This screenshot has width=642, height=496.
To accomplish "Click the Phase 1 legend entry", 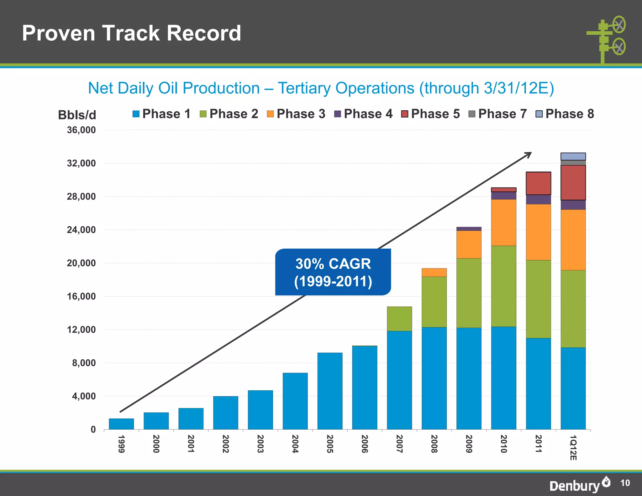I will click(161, 114).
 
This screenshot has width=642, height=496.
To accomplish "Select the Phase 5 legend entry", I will click(430, 114).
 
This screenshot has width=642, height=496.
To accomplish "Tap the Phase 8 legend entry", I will click(565, 114).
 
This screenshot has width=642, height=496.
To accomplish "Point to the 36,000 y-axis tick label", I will click(81, 130).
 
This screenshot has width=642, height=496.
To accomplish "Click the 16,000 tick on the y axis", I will click(81, 296).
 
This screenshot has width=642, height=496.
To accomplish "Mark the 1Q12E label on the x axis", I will click(573, 447).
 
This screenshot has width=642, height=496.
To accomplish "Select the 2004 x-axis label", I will click(295, 444).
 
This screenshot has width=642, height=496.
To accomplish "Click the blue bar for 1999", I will click(121, 424).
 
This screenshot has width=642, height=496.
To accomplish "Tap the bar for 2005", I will click(330, 391).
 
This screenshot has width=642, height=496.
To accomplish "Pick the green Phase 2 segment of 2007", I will click(399, 319).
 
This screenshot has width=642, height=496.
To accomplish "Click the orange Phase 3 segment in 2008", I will click(434, 272).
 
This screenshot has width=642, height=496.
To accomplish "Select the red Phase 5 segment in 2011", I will click(538, 183).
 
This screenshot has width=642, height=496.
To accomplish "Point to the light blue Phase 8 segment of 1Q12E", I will click(573, 156).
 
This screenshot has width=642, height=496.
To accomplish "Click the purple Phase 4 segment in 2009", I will click(469, 229).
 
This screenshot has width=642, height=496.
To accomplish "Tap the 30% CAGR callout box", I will click(333, 272).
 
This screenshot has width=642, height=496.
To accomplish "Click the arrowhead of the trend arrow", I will click(529, 154).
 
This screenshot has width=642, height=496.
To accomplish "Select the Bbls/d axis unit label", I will click(77, 115).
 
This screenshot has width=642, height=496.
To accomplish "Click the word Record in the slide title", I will click(204, 33).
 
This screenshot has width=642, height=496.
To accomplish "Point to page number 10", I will click(625, 483).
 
